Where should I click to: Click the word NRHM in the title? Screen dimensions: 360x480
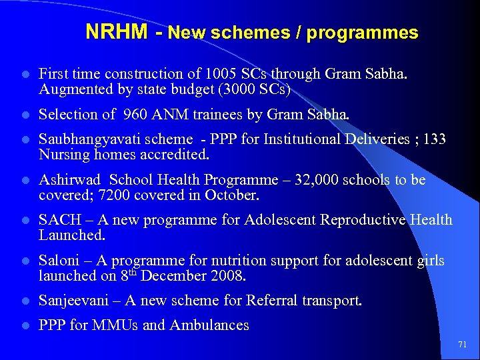point(117,32)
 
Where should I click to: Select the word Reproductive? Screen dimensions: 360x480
point(363,220)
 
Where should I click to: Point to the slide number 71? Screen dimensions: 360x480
point(462,345)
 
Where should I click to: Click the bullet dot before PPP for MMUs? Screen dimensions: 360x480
point(24,326)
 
